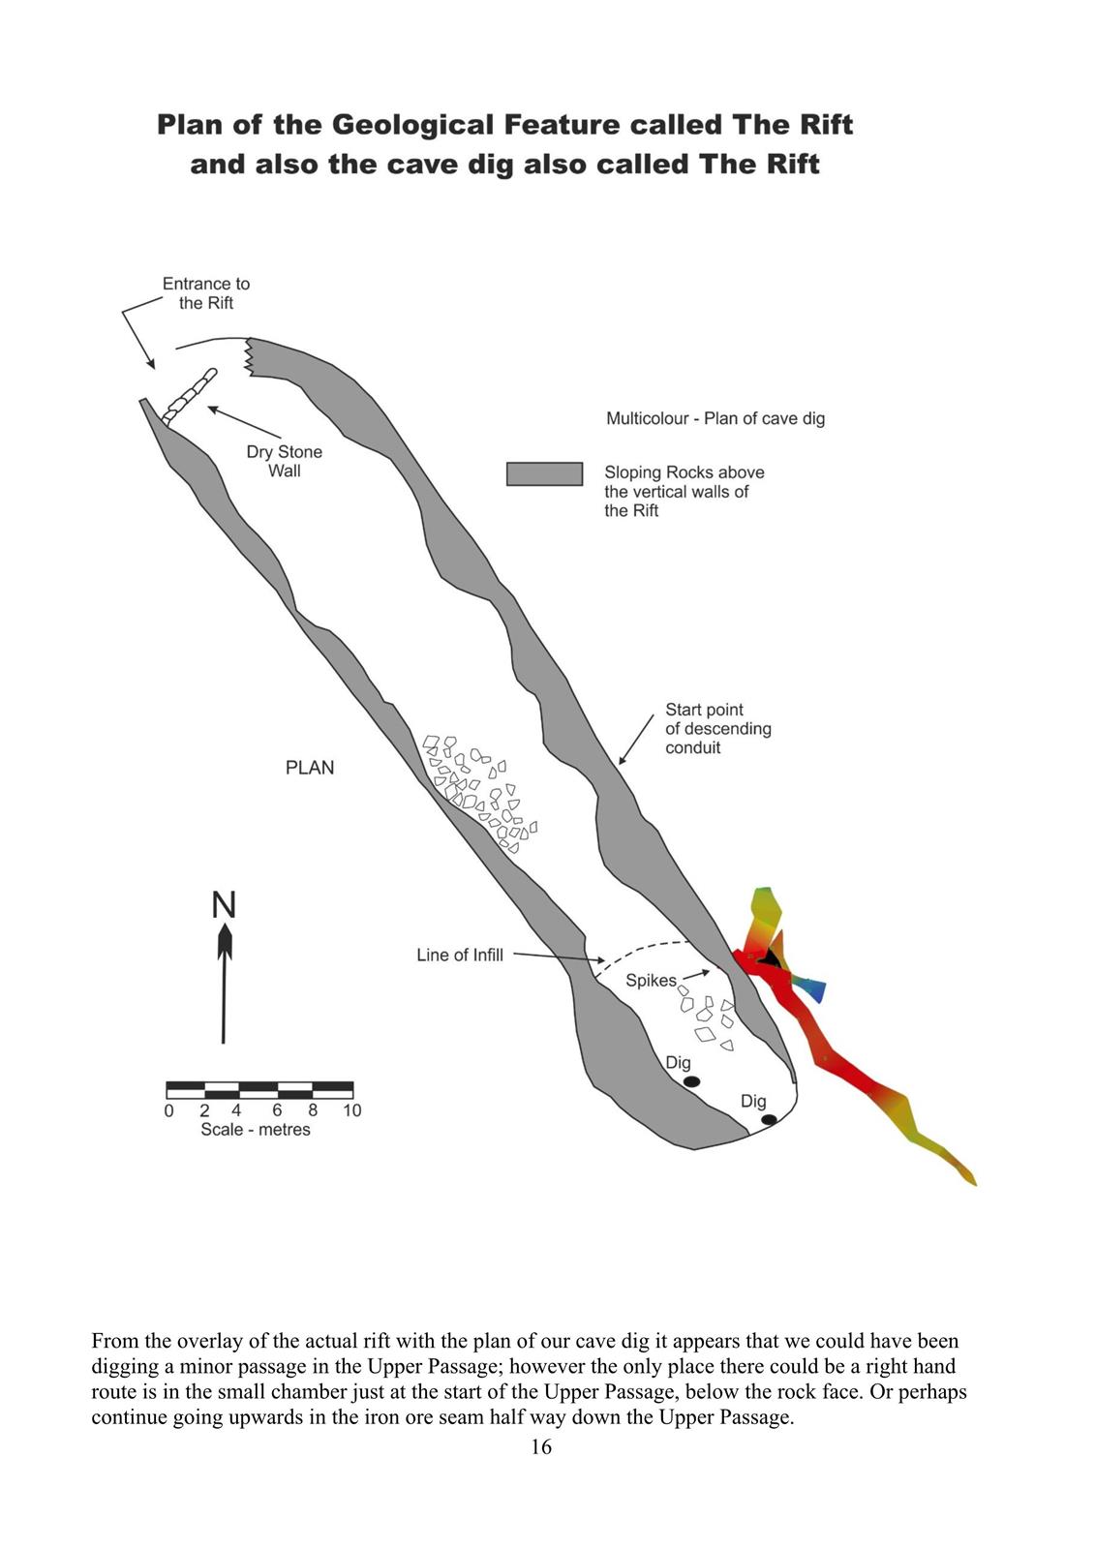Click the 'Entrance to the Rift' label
(206, 293)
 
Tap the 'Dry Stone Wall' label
(285, 461)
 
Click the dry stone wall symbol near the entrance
(190, 396)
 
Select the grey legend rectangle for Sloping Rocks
(544, 474)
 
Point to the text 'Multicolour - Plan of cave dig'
(715, 418)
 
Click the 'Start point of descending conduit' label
(718, 728)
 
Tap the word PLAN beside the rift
(310, 768)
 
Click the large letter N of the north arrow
(224, 904)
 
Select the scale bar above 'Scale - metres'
(259, 1090)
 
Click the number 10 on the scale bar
(352, 1110)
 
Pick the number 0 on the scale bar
(168, 1110)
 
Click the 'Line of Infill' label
(460, 955)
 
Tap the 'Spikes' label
(651, 981)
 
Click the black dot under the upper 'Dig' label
(691, 1081)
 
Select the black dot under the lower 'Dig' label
(769, 1119)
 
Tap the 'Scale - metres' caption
(256, 1129)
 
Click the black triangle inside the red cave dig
(769, 957)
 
